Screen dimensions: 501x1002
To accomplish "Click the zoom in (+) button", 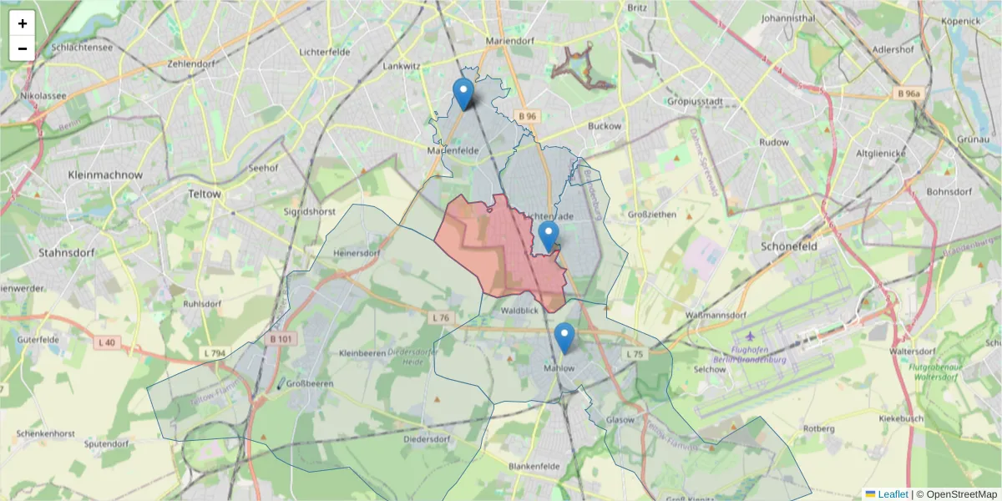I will click(23, 23).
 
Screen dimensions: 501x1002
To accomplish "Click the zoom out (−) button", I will click(23, 48).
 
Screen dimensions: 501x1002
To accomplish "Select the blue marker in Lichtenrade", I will click(548, 236).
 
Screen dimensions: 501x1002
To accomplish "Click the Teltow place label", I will click(205, 194).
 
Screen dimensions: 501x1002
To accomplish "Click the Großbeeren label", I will click(310, 384).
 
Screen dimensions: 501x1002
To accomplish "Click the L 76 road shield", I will click(443, 317).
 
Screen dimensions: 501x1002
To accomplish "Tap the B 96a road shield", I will click(908, 94).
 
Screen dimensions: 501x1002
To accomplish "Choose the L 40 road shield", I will click(106, 342).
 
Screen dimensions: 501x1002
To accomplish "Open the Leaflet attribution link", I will click(892, 494).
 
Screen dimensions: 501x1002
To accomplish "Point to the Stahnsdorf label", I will click(67, 252).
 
